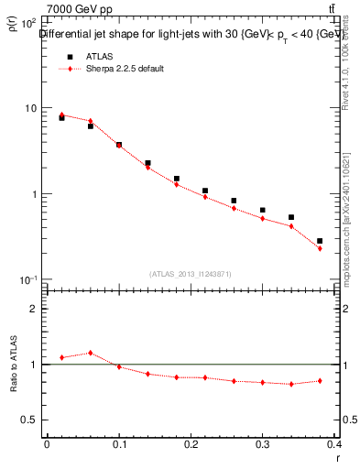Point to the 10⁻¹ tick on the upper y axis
[28, 279]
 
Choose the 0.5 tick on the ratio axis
[30, 420]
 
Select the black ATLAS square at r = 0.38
[319, 241]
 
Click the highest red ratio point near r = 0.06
[90, 353]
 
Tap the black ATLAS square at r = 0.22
[205, 191]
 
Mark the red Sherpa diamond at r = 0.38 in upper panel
[319, 248]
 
